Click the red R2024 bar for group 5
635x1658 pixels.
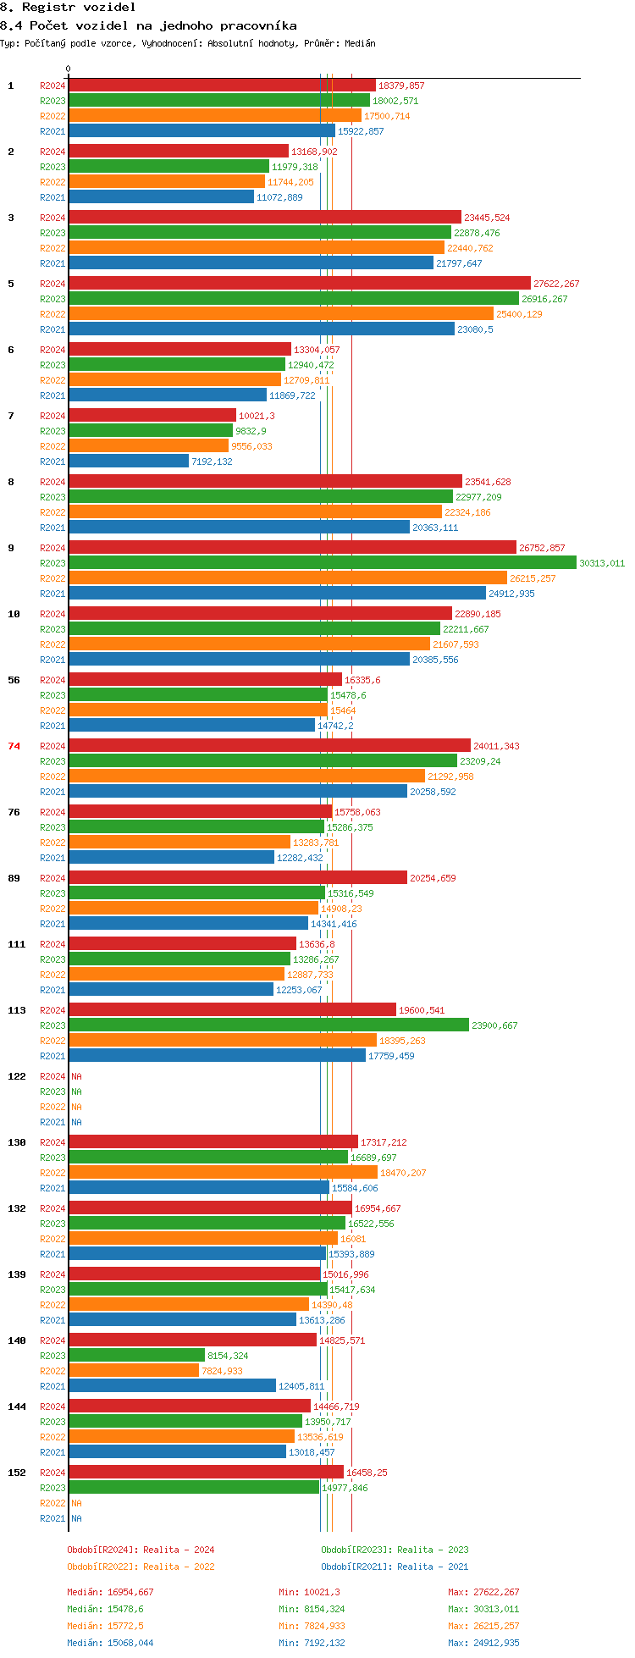[300, 283]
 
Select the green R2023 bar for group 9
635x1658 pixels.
[323, 562]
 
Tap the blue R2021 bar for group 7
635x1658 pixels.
[129, 461]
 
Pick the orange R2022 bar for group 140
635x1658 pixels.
[134, 1370]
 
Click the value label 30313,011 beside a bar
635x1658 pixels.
[602, 563]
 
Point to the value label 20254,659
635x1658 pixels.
[433, 878]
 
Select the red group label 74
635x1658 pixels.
[14, 746]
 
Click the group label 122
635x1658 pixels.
[17, 1076]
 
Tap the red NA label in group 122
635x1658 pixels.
[76, 1076]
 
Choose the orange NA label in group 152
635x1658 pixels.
[76, 1503]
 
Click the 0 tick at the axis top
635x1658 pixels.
[69, 69]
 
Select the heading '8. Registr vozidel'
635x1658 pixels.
[68, 7]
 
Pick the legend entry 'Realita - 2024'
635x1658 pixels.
[179, 1550]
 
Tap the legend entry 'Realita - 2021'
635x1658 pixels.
[433, 1567]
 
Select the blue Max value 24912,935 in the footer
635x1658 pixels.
[496, 1643]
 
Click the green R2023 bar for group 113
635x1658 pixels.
[268, 1025]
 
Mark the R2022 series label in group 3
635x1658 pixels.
[52, 248]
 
